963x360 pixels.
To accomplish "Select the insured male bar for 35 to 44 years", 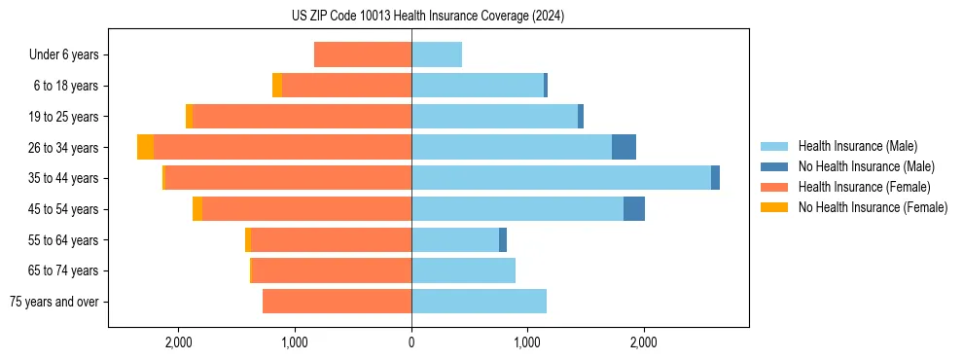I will pos(561,178).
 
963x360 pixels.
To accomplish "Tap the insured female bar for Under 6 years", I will pos(363,54).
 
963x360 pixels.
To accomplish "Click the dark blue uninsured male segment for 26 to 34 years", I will pos(624,147).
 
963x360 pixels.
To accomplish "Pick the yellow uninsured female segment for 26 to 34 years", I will pos(146,147).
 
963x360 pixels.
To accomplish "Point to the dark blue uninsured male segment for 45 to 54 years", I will pos(634,209).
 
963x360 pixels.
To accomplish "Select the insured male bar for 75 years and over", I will pos(479,302).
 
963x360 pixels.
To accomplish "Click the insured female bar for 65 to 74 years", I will pos(331,270).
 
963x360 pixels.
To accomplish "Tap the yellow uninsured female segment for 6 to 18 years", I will pos(277,86).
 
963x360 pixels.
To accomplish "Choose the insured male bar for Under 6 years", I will pos(437,54).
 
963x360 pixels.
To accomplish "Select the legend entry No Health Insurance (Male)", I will pos(866,166).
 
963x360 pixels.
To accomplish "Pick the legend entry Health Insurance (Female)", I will pos(864,187).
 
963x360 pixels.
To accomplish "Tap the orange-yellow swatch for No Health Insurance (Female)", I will pos(774,207).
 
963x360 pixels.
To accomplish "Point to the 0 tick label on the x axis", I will pos(411,342).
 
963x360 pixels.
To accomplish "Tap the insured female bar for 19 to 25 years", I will pos(302,117).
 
